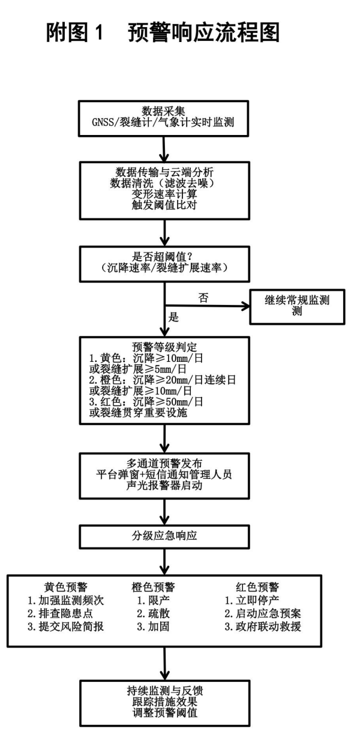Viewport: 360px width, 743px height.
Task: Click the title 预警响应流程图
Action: [203, 34]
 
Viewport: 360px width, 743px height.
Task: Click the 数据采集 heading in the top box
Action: [164, 112]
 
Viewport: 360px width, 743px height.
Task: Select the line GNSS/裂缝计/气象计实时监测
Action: [164, 123]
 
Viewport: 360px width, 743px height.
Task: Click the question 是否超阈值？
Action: [164, 254]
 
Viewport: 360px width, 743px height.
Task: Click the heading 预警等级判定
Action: [164, 346]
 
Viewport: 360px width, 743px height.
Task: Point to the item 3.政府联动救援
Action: [262, 628]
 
